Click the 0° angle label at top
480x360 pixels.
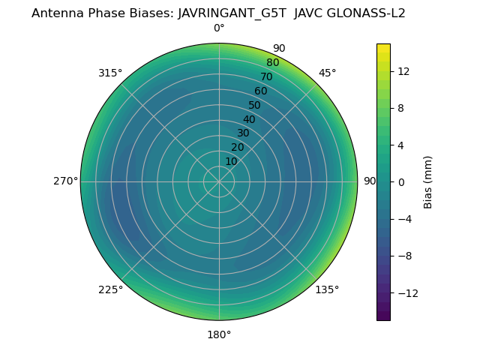point(219,28)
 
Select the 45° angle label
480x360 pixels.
point(327,73)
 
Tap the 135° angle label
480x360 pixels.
point(327,289)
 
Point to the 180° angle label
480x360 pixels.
point(219,334)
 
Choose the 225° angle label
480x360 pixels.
point(110,289)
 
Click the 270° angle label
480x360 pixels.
point(65,181)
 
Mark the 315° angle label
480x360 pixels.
point(110,73)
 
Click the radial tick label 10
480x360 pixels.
point(231,161)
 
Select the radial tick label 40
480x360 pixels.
point(249,119)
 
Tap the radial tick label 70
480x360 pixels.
point(266,77)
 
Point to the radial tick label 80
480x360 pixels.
point(272,63)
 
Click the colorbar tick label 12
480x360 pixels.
point(403,71)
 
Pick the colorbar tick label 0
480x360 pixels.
point(400,181)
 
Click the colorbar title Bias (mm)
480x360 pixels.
point(428,181)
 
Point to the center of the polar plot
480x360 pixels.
point(219,181)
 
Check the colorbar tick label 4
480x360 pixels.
point(400,145)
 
